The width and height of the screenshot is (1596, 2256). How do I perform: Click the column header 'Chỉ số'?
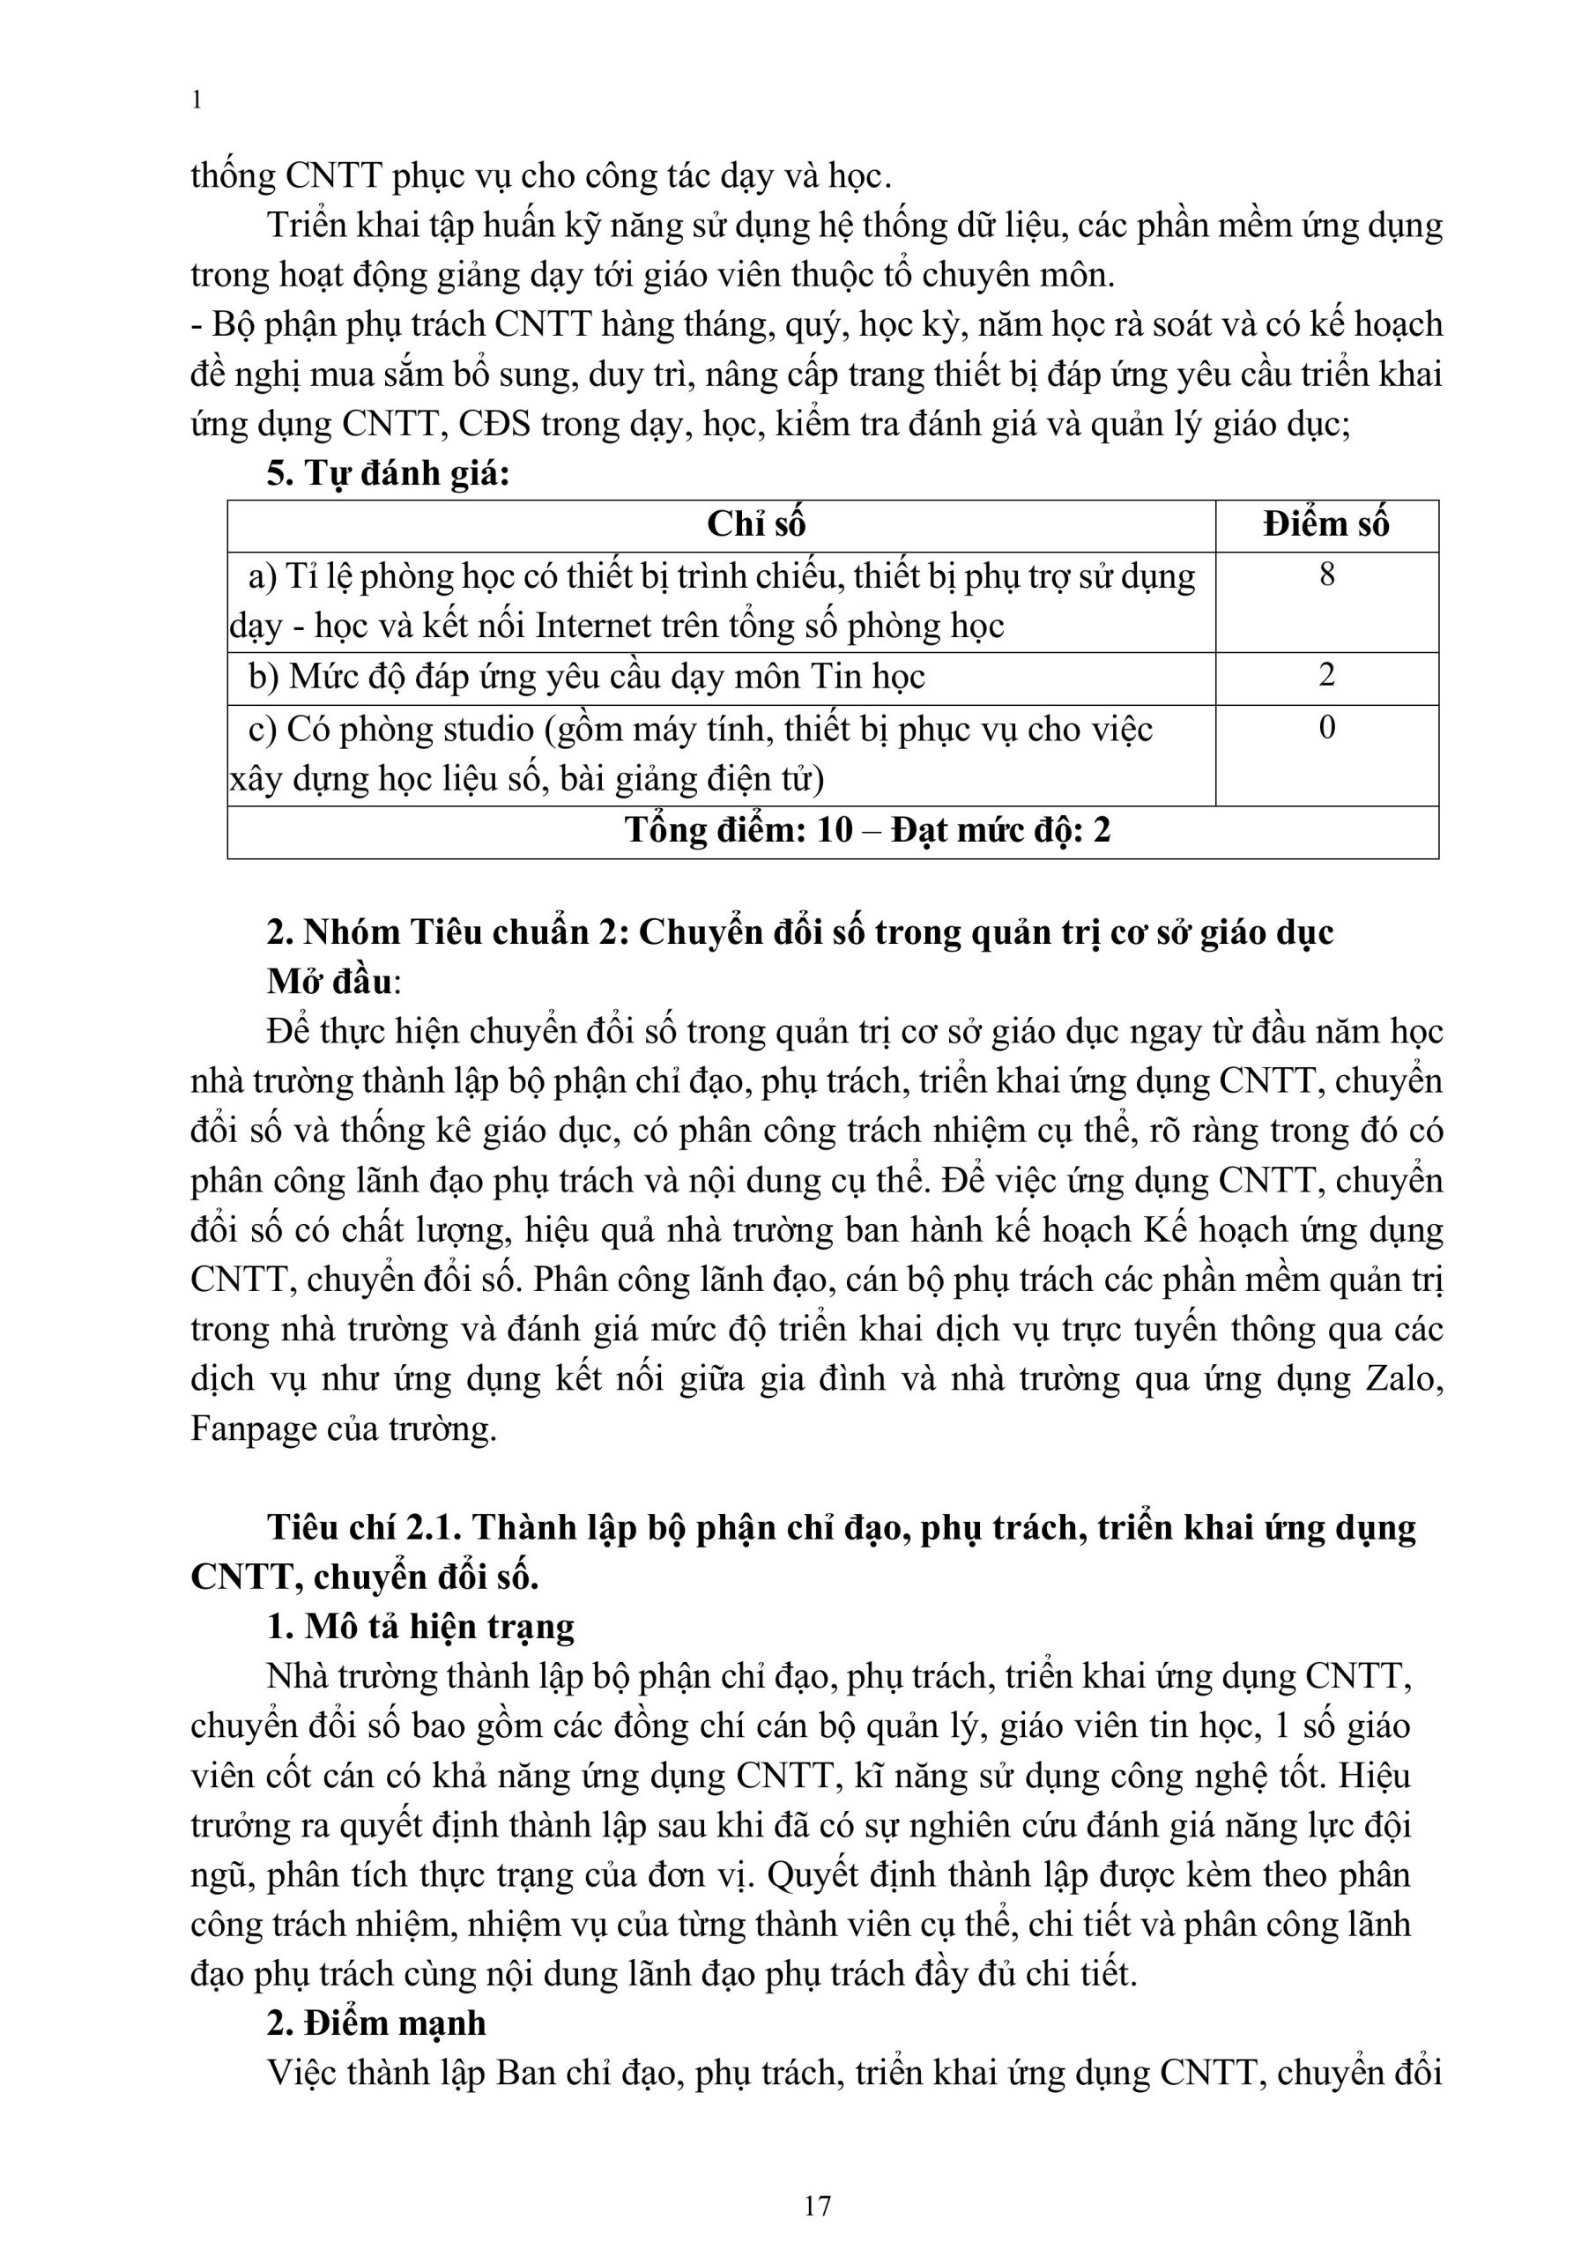756,524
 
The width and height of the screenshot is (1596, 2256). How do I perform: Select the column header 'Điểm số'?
1325,524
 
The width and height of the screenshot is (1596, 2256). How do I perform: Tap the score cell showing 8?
1326,575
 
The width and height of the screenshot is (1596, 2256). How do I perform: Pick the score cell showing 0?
1326,728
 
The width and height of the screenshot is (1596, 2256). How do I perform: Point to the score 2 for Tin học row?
1326,676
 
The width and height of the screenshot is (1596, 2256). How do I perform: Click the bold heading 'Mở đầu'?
330,982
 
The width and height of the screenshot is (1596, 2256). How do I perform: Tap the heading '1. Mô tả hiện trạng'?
420,1626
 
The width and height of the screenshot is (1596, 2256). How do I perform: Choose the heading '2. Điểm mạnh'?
376,2023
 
